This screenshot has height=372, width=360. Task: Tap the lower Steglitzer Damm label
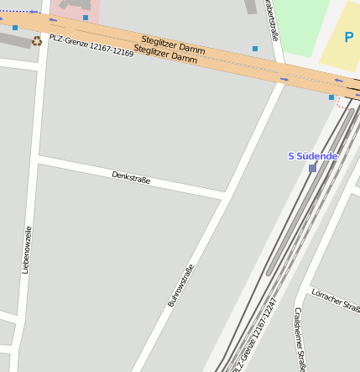[165, 54]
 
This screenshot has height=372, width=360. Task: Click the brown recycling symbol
[36, 40]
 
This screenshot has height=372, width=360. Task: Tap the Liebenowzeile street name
[27, 249]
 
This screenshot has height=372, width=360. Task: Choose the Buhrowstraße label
[180, 285]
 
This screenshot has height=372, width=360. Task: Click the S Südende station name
[313, 155]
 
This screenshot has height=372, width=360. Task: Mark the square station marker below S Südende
[312, 168]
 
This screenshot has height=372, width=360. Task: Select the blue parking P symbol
[349, 37]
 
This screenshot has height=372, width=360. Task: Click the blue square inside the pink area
[86, 17]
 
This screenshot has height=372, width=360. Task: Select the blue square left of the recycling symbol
[15, 28]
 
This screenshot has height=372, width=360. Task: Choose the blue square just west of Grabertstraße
[255, 49]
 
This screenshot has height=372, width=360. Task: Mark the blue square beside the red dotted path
[331, 97]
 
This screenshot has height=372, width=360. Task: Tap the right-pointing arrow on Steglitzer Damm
[284, 79]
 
